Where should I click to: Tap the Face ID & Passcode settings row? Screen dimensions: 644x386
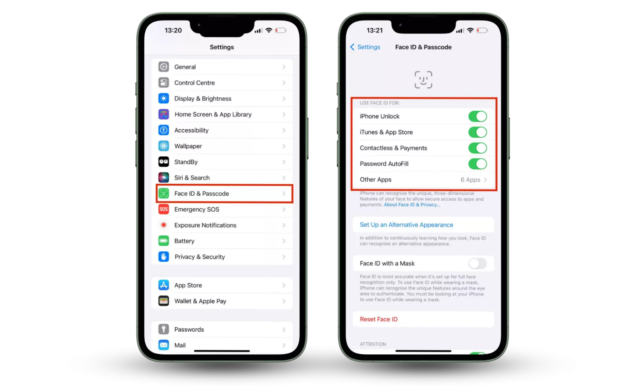point(225,194)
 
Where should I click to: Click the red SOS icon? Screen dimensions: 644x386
point(164,209)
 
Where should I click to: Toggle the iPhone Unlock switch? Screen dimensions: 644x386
point(477,116)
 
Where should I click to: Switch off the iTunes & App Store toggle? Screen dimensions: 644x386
point(477,132)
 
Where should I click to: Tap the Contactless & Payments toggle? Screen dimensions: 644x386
point(477,148)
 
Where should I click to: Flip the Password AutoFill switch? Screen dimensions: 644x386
point(477,164)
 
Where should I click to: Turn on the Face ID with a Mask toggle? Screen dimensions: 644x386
point(477,263)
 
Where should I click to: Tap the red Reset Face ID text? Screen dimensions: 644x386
point(379,319)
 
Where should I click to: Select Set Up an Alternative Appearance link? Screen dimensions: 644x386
point(406,225)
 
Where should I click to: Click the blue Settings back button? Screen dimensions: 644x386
point(365,47)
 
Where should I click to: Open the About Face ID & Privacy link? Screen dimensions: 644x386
point(412,205)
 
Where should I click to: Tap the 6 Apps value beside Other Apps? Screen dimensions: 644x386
point(470,180)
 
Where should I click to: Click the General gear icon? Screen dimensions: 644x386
point(164,67)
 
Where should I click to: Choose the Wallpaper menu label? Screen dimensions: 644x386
point(188,146)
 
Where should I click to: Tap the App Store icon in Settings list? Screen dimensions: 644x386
point(164,285)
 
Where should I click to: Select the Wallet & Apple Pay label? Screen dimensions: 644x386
point(200,301)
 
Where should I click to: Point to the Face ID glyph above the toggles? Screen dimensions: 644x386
point(423,80)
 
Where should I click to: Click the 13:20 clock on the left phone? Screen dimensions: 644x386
point(173,30)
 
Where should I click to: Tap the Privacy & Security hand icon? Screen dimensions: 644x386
point(164,257)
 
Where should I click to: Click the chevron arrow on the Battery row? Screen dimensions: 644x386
point(284,241)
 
